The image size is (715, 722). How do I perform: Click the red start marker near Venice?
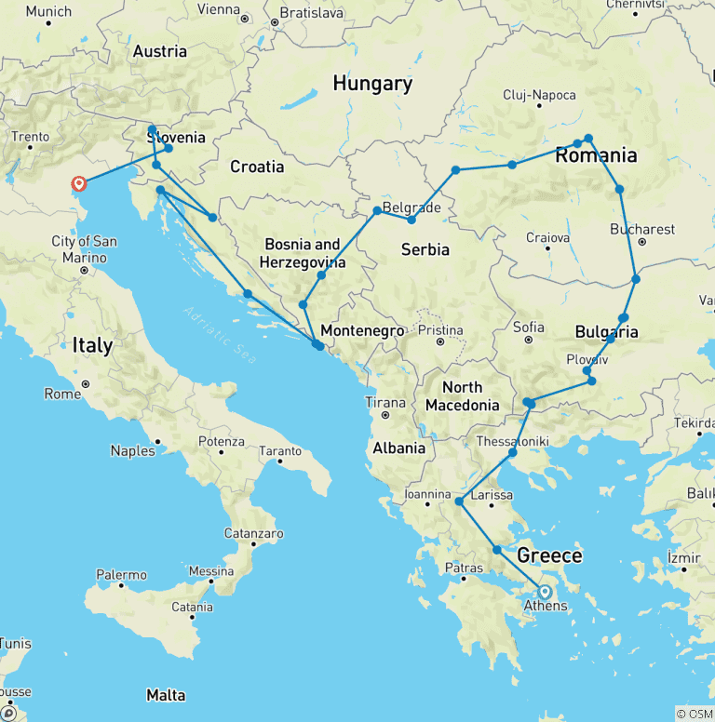click(x=79, y=184)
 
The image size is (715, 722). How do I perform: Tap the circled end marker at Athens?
click(x=545, y=591)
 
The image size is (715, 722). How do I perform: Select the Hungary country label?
click(x=372, y=84)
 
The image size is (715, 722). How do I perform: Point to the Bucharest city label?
click(x=642, y=229)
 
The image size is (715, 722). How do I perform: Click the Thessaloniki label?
click(x=514, y=440)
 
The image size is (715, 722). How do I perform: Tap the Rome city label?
click(x=63, y=394)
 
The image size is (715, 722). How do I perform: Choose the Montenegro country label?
click(x=362, y=331)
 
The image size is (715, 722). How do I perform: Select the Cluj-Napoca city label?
click(x=539, y=95)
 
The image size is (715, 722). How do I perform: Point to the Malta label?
click(x=165, y=695)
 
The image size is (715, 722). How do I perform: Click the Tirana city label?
click(x=385, y=403)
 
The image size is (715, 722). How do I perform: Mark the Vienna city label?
click(x=219, y=9)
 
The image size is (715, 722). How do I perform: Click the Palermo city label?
click(x=121, y=575)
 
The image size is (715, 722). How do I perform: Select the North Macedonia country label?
click(x=463, y=395)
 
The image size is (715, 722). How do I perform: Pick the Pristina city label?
click(x=440, y=329)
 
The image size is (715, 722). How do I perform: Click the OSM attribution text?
click(x=694, y=714)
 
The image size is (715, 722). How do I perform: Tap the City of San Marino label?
click(x=84, y=248)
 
